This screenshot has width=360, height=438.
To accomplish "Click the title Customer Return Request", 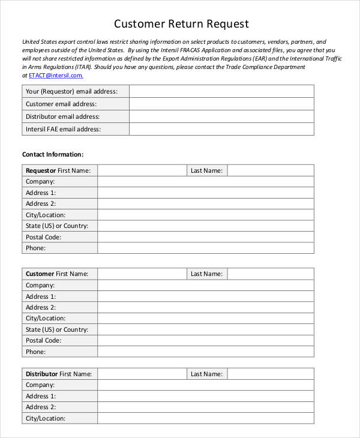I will pos(181,24).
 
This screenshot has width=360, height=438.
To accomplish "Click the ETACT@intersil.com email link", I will pos(56,76).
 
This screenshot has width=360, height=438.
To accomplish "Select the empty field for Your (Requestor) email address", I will pos(221,91).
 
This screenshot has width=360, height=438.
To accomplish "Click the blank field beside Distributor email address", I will pos(221,116).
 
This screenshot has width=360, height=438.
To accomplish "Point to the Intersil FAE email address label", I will pos(63,129).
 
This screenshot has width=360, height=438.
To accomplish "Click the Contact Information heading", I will pos(53,154).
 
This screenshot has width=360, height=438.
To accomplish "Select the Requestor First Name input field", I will pos(142,170).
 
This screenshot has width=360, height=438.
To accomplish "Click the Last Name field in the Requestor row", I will pos(270,170).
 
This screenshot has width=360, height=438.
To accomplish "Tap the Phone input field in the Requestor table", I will pos(205,248).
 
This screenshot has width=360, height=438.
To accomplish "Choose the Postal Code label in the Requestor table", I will pos(43,237).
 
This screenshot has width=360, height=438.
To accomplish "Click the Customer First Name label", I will pos(57,274).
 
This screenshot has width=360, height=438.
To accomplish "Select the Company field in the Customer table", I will pos(205,285).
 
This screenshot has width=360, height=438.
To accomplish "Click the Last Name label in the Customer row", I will pos(206,274).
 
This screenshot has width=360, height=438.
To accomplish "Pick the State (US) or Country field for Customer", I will pos(205,329).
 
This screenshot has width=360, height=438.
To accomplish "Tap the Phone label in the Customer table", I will pos(35,352).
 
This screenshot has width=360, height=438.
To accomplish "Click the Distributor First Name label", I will pos(58,374).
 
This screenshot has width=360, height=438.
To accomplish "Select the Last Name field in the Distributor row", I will pos(270,374).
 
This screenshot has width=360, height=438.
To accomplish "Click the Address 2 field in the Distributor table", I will pos(205,407).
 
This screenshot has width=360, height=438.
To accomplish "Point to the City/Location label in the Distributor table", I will pos(46,418).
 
